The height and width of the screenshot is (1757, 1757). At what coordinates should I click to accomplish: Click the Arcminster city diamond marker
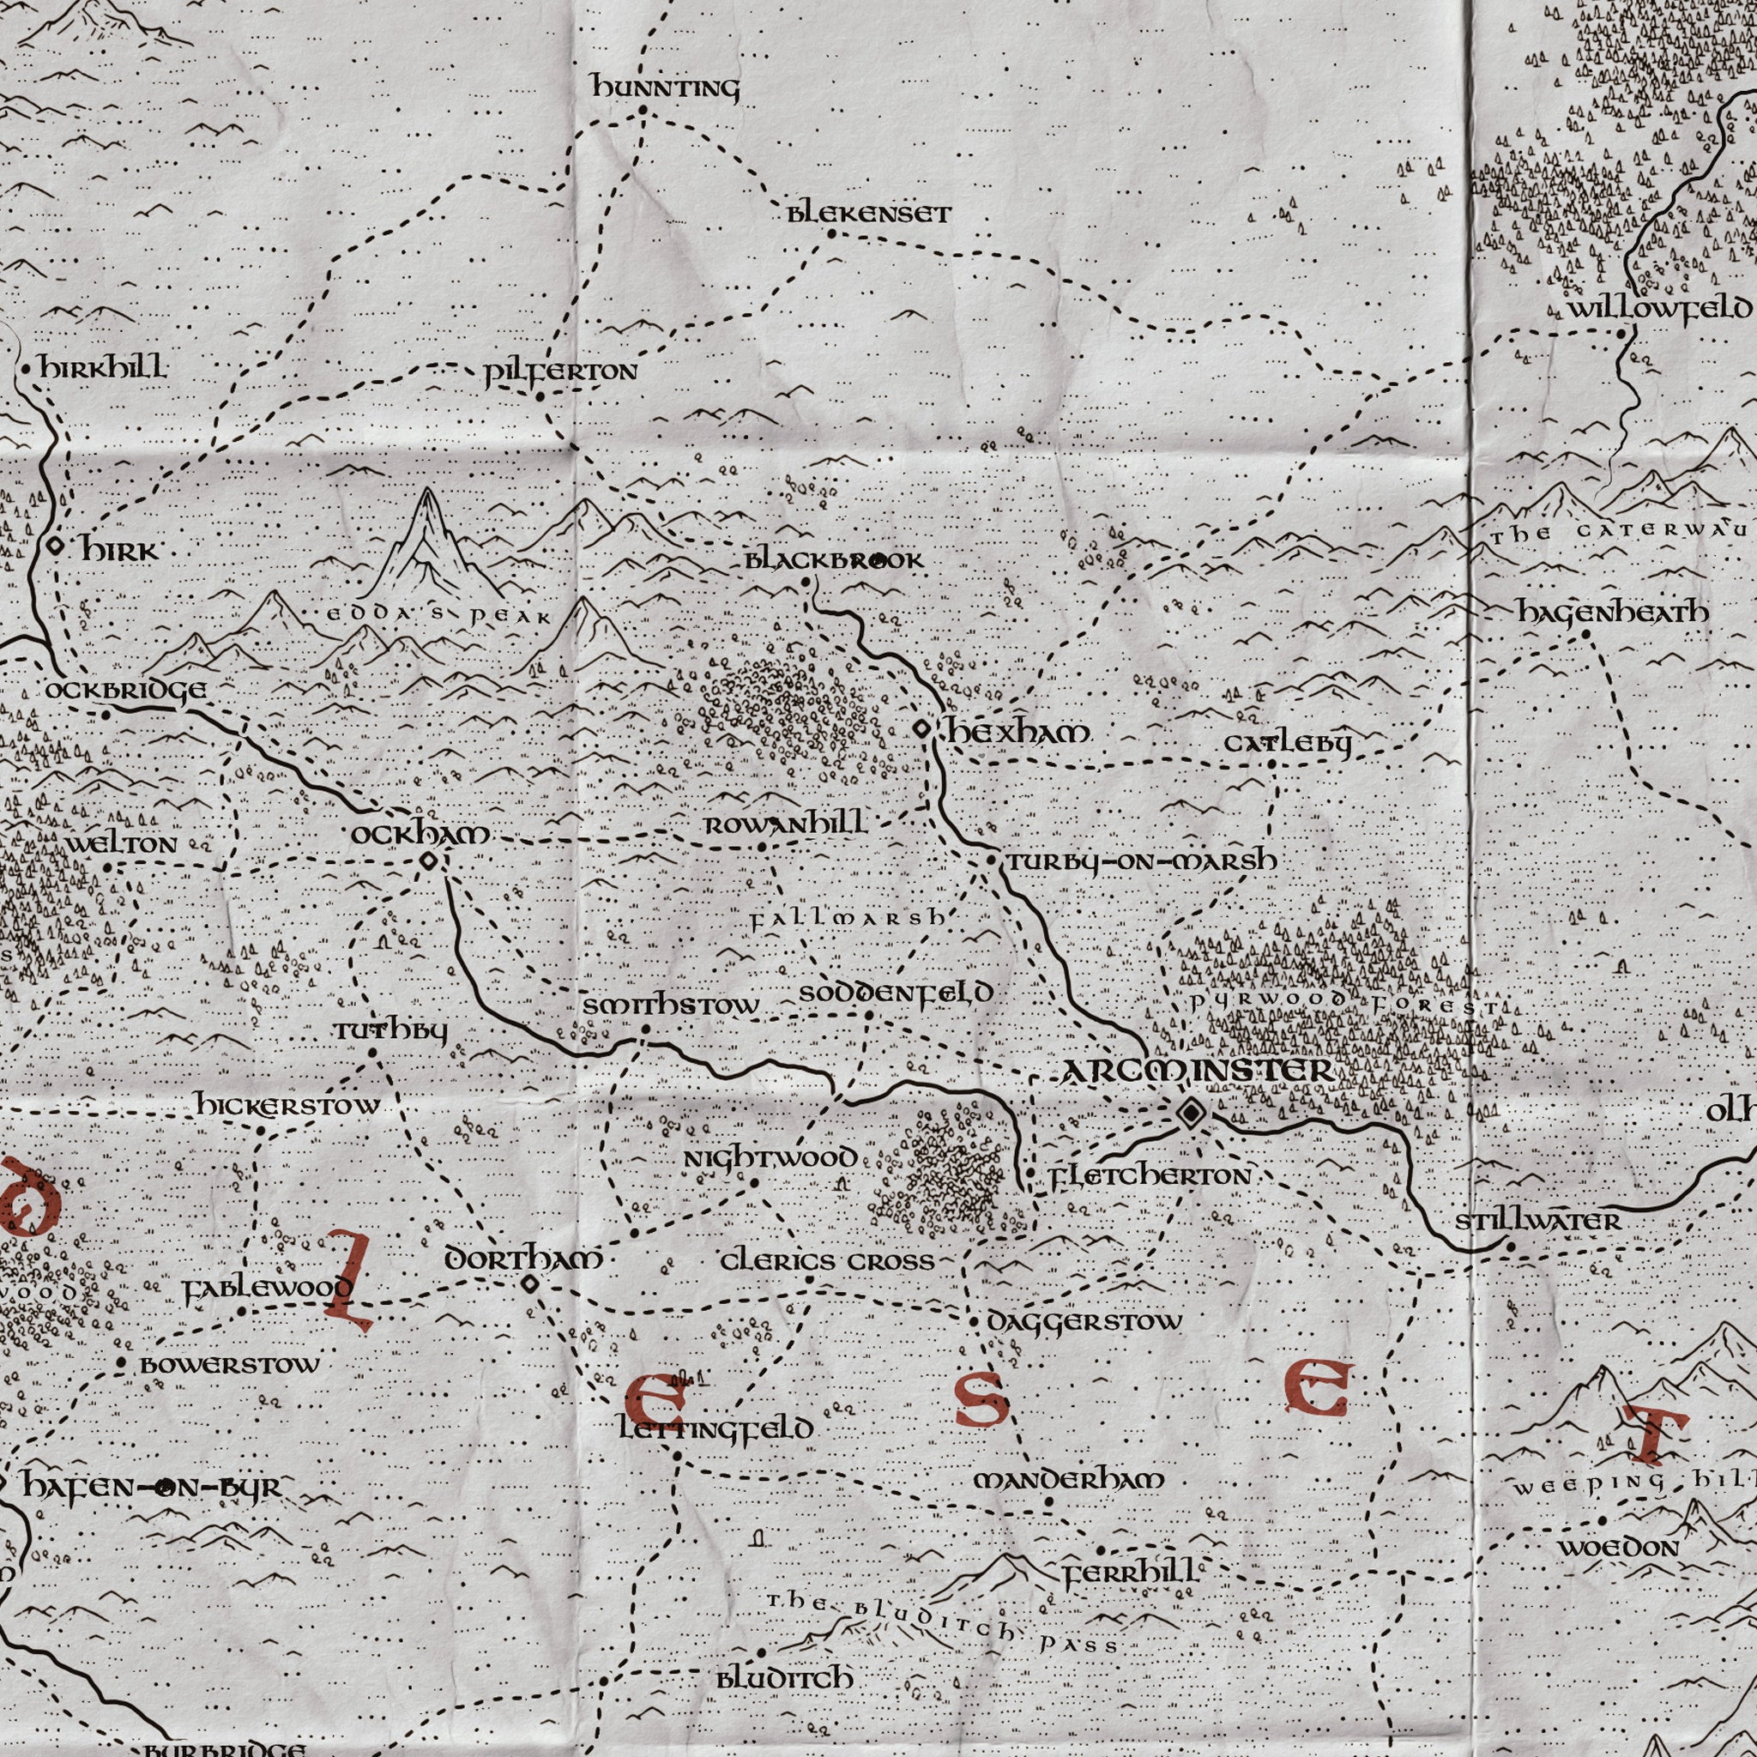tap(1191, 1112)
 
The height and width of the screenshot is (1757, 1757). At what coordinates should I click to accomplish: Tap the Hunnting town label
tap(666, 88)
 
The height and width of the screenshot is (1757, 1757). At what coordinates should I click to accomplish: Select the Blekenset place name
tap(868, 214)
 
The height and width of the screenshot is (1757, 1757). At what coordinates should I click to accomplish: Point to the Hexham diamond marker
tap(921, 728)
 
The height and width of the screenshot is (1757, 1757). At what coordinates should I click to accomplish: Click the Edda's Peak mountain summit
tap(427, 496)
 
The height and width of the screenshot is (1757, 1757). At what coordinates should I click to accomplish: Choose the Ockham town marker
tap(428, 860)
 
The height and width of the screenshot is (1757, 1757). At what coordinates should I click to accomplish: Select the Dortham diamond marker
tap(529, 1283)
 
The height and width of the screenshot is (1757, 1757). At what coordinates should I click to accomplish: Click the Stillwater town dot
tap(1511, 1247)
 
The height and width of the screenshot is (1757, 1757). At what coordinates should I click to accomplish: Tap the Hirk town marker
tap(56, 546)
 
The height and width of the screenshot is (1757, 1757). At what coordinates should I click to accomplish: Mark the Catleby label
tap(1287, 743)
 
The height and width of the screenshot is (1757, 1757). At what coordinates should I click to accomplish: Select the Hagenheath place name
tap(1612, 614)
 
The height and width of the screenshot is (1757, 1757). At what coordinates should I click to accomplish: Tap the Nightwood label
tap(770, 1158)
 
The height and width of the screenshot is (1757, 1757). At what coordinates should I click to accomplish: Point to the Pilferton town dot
tap(540, 396)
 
